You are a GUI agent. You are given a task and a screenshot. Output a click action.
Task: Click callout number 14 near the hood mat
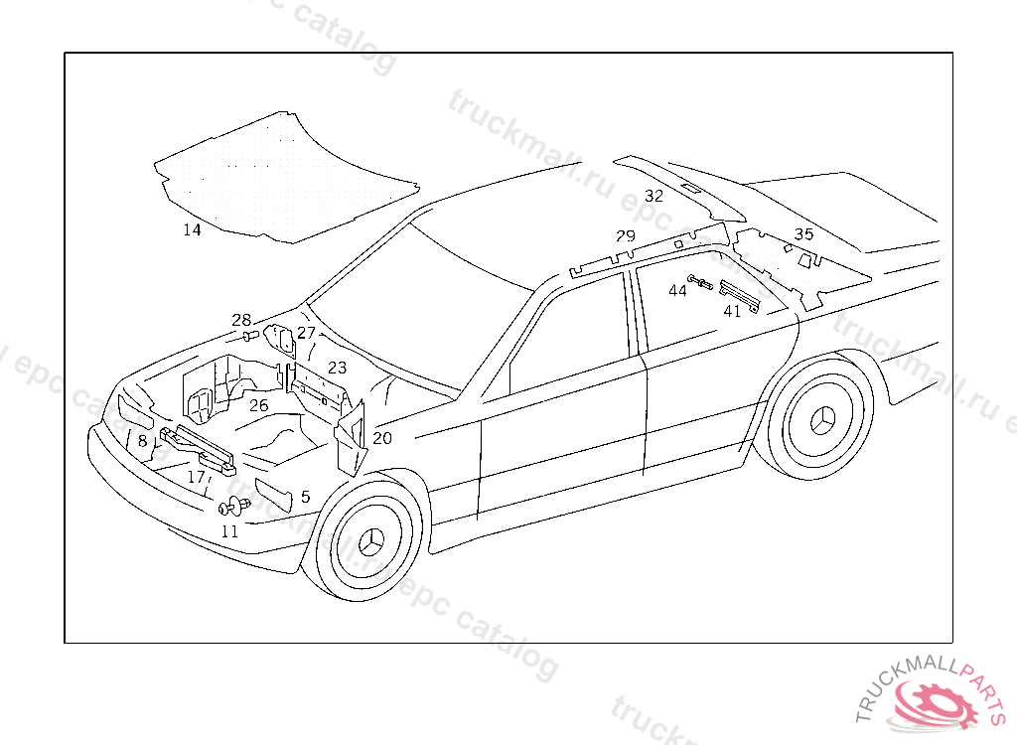192,229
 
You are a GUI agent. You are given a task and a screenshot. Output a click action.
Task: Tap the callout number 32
654,196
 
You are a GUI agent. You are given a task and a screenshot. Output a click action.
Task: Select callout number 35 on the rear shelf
803,234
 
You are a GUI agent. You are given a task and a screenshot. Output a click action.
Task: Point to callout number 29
625,236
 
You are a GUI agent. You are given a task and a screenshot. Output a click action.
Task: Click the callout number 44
677,290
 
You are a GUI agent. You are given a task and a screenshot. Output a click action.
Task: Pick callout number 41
732,311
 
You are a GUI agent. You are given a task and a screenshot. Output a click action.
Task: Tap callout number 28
241,320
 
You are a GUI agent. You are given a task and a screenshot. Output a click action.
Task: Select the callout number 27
306,333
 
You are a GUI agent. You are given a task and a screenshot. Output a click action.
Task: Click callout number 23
338,368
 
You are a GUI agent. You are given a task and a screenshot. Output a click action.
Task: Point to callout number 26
259,405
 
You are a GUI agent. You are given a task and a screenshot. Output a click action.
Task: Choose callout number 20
382,438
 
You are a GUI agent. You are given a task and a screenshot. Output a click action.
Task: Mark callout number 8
143,440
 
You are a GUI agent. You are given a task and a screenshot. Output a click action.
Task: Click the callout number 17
197,478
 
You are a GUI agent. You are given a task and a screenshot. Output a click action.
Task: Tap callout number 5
305,496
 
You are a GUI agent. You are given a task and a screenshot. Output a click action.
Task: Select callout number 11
229,531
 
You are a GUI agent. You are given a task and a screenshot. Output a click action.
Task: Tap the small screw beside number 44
697,283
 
